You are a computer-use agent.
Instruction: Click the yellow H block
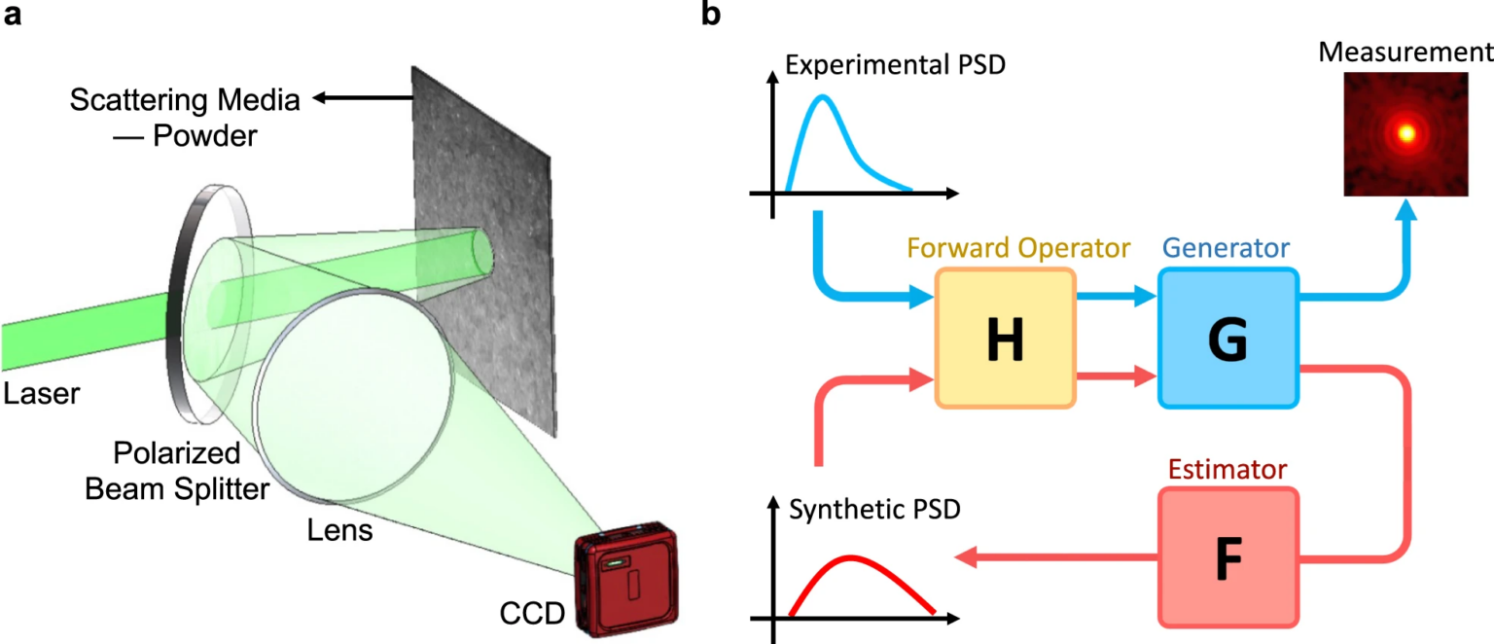[x=1005, y=337]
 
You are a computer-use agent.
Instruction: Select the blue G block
[x=1227, y=337]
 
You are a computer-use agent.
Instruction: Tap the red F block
[x=1227, y=557]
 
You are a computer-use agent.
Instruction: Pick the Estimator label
[x=1228, y=470]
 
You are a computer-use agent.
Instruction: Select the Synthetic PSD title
[x=874, y=510]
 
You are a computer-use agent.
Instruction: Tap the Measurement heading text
[x=1405, y=50]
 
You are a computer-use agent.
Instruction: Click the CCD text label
[x=532, y=615]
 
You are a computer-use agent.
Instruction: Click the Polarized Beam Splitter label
[x=176, y=471]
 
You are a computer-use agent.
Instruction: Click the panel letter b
[x=711, y=17]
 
